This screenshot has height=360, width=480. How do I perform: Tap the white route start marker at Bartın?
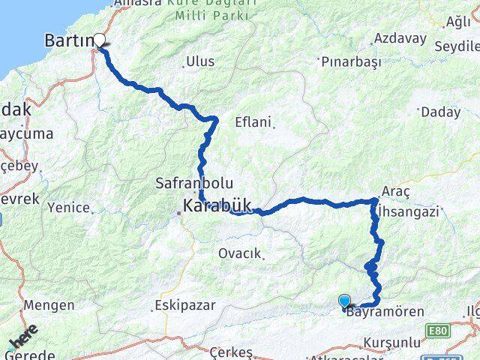pos(100,43)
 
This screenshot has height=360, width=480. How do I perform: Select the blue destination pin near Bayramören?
pos(344,301)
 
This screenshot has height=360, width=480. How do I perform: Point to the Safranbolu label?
pos(194,182)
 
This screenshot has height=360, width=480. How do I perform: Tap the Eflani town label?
pos(252,121)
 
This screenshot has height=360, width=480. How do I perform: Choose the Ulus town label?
pos(199,61)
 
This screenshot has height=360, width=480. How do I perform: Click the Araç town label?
pos(395,192)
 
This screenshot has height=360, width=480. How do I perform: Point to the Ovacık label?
pos(239,253)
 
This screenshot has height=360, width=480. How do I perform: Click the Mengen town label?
pos(49,305)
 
